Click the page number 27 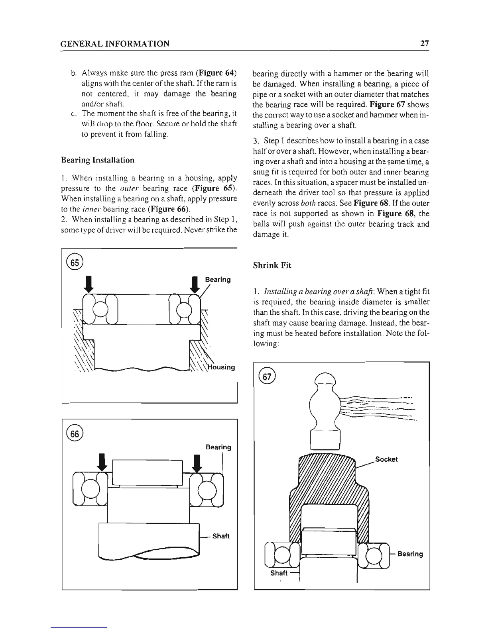click(424, 43)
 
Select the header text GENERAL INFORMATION click(115, 43)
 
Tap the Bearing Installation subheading click(98, 160)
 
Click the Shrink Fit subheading click(272, 265)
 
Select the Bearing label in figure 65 click(218, 280)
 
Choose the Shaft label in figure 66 click(221, 536)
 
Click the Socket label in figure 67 click(386, 459)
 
